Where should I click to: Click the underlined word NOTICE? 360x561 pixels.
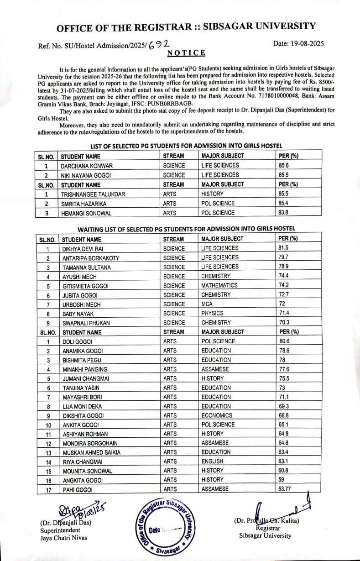pyautogui.click(x=186, y=53)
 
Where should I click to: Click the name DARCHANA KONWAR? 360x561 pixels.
pyautogui.click(x=87, y=166)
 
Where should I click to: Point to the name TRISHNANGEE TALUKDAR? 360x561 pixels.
pyautogui.click(x=93, y=194)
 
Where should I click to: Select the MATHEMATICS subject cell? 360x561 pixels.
pyautogui.click(x=219, y=285)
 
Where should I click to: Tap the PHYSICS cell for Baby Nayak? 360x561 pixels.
pyautogui.click(x=213, y=313)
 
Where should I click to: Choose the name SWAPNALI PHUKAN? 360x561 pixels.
pyautogui.click(x=85, y=323)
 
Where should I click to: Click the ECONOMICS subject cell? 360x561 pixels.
pyautogui.click(x=217, y=415)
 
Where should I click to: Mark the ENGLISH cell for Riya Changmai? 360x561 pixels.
pyautogui.click(x=213, y=461)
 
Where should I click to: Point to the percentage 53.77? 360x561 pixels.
pyautogui.click(x=286, y=489)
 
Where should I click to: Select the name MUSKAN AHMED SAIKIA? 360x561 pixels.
pyautogui.click(x=91, y=452)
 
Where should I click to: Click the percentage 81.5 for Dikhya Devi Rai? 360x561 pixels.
pyautogui.click(x=283, y=248)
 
